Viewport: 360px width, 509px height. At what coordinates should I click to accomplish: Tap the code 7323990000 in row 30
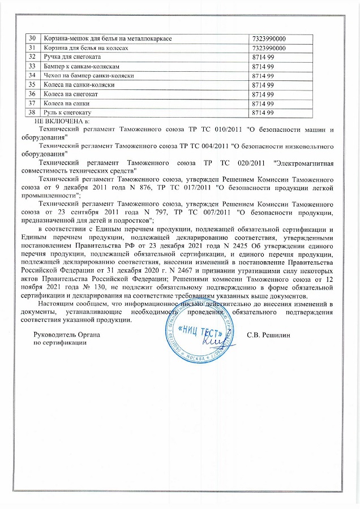click(x=268, y=38)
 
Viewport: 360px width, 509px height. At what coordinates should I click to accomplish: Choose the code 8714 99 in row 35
click(x=263, y=85)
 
